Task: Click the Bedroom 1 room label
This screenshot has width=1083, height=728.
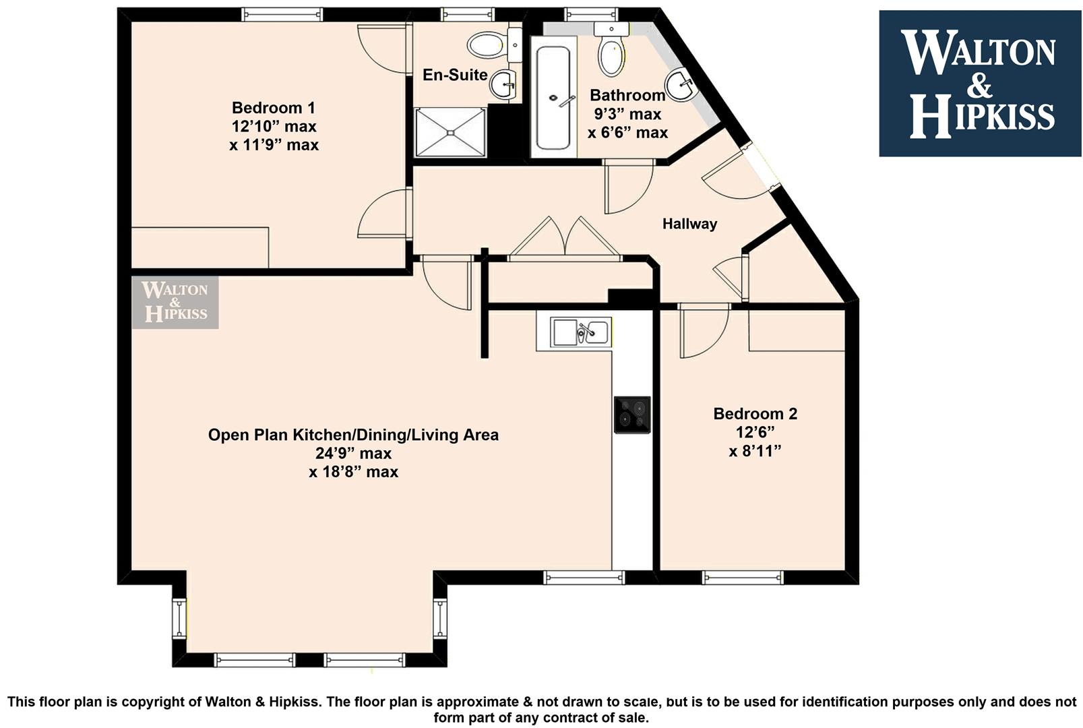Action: pos(273,107)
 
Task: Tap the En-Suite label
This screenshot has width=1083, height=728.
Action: pos(455,75)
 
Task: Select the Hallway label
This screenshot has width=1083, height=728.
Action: pos(689,224)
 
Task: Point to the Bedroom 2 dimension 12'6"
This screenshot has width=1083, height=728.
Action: pos(755,432)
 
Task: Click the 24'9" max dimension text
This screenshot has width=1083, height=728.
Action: pos(353,453)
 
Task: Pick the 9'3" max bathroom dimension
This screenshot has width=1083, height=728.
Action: pos(627,114)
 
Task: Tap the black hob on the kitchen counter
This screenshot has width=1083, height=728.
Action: pos(632,415)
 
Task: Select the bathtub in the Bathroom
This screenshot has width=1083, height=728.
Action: pos(553,97)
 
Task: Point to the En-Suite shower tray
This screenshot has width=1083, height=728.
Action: pos(451,132)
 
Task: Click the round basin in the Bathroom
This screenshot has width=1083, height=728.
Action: pos(680,86)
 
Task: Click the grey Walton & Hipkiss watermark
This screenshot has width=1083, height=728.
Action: pos(175,303)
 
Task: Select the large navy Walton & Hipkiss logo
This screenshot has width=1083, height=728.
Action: pos(980,83)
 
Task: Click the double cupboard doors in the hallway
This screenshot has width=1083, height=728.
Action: pos(565,239)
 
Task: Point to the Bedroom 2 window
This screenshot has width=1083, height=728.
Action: pos(742,578)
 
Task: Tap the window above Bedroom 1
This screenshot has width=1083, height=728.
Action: pos(282,14)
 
